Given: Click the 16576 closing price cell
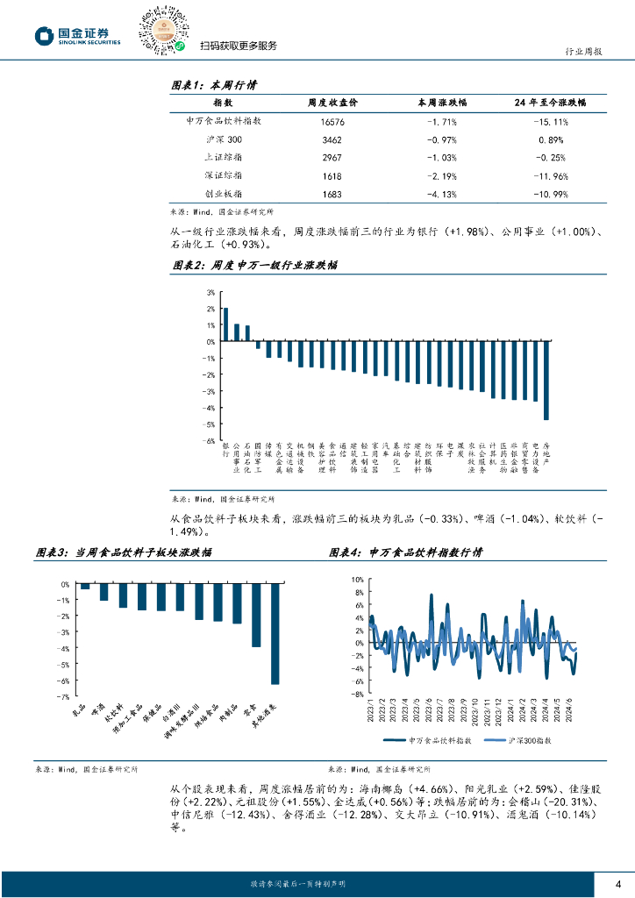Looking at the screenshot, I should (x=332, y=122).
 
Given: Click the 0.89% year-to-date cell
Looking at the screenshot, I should (x=550, y=139).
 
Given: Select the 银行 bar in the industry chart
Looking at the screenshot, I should (x=225, y=324).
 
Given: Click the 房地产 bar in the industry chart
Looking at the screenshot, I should (x=546, y=381).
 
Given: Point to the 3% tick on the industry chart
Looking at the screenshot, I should (x=210, y=292).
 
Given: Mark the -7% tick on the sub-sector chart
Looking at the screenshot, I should (x=65, y=695).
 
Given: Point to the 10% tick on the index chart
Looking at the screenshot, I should (x=356, y=580).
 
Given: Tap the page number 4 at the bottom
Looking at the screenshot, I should (x=617, y=882).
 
